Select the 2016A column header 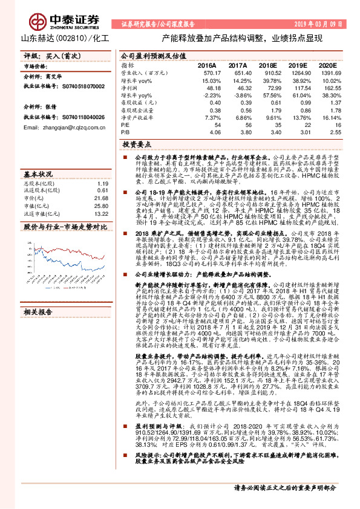tap(206, 64)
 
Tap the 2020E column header tap(327, 64)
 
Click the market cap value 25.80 tap(101, 206)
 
